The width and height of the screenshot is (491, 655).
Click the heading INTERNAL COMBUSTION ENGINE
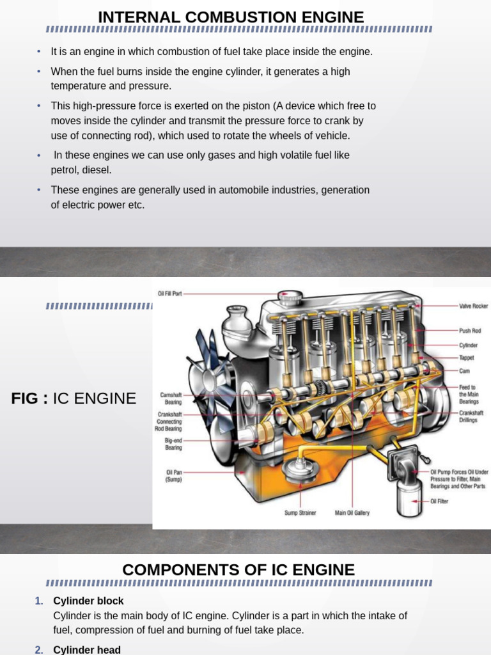click(x=231, y=17)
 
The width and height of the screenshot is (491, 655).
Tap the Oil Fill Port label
click(x=170, y=294)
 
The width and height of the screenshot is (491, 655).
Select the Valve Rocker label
click(x=473, y=306)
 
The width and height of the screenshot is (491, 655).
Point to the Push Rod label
click(x=469, y=331)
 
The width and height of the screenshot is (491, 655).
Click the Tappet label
click(x=466, y=358)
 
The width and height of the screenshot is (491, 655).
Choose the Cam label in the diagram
click(x=464, y=370)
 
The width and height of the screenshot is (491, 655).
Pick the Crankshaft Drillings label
click(x=471, y=416)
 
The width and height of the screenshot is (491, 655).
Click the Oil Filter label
click(x=439, y=501)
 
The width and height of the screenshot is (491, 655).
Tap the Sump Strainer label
click(x=300, y=513)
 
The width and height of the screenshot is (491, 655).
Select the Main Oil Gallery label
click(x=352, y=513)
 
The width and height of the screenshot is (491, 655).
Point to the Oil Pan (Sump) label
click(x=174, y=475)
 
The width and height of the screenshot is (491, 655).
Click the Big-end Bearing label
click(x=173, y=444)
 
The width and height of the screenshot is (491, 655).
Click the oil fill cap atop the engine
click(x=291, y=297)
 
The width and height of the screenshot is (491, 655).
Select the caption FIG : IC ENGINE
click(x=74, y=399)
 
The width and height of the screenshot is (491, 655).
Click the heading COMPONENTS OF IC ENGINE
click(x=238, y=569)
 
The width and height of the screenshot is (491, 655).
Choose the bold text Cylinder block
click(x=88, y=601)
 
